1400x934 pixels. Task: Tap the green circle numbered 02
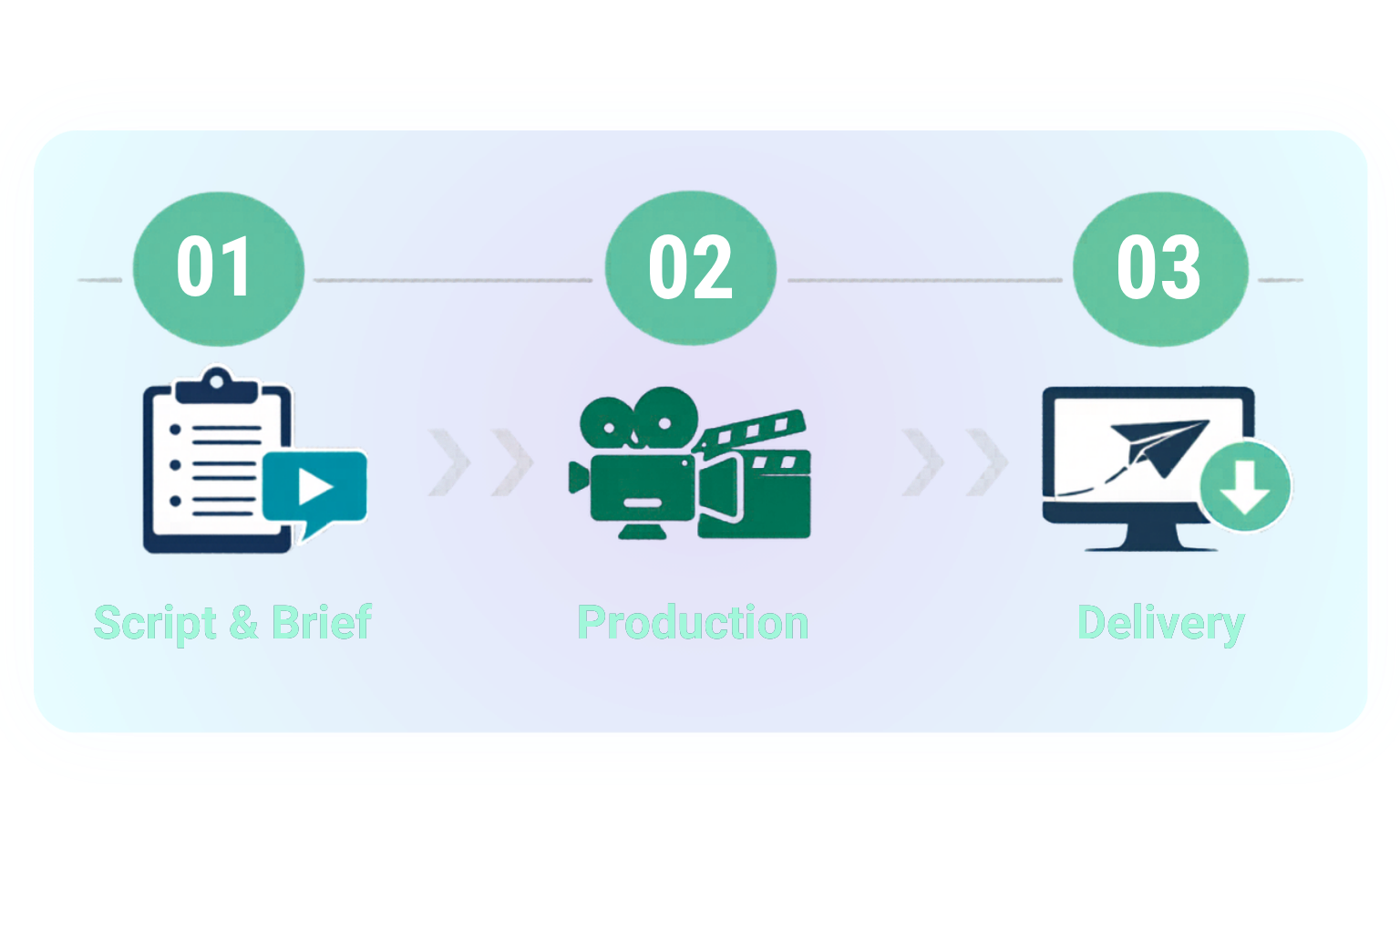pyautogui.click(x=690, y=267)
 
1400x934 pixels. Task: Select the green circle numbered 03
pyautogui.click(x=1159, y=267)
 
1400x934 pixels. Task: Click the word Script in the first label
pyautogui.click(x=155, y=624)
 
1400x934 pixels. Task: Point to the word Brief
pyautogui.click(x=322, y=622)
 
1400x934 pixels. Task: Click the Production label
pyautogui.click(x=693, y=623)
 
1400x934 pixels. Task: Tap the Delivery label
pyautogui.click(x=1160, y=624)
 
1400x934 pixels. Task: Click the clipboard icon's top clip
pyautogui.click(x=215, y=384)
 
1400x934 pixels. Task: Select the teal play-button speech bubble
pyautogui.click(x=314, y=489)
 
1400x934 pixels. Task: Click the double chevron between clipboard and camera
pyautogui.click(x=480, y=462)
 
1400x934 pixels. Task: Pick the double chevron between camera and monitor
pyautogui.click(x=954, y=462)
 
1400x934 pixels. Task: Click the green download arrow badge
pyautogui.click(x=1245, y=485)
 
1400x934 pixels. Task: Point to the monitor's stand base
pyautogui.click(x=1150, y=546)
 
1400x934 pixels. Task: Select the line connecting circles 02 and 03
pyautogui.click(x=924, y=279)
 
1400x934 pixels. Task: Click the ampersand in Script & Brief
pyautogui.click(x=243, y=624)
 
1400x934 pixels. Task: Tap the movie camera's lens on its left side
pyautogui.click(x=578, y=477)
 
